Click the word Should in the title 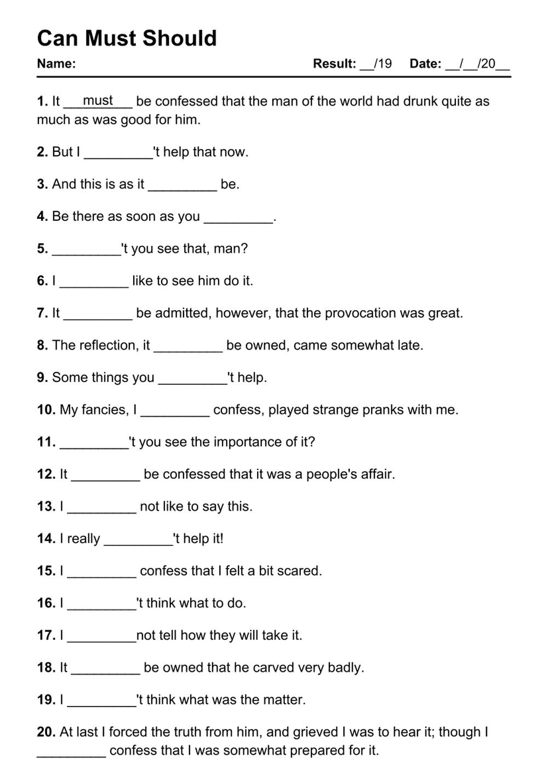(x=180, y=38)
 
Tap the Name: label (x=56, y=64)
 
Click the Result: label (x=334, y=64)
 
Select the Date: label (x=425, y=64)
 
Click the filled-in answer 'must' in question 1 (x=98, y=101)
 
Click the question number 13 (x=46, y=506)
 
